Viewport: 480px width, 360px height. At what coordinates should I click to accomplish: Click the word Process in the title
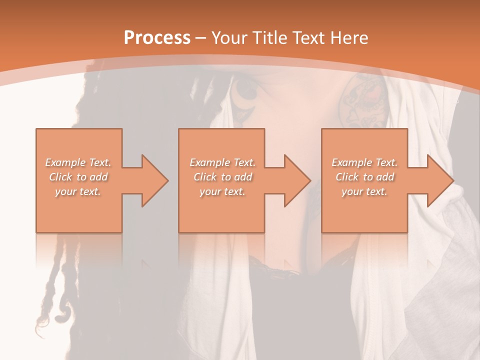pyautogui.click(x=157, y=38)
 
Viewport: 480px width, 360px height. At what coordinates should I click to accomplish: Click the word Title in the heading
pyautogui.click(x=269, y=38)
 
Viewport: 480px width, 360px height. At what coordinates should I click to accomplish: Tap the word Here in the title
pyautogui.click(x=349, y=38)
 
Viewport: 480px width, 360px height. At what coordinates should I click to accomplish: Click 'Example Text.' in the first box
pyautogui.click(x=78, y=162)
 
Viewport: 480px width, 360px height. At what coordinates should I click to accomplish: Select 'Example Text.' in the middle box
pyautogui.click(x=222, y=162)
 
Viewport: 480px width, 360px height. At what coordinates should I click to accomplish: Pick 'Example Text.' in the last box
pyautogui.click(x=364, y=162)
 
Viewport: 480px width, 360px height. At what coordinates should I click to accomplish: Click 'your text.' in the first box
pyautogui.click(x=78, y=191)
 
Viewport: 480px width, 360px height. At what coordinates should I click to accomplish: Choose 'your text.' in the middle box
pyautogui.click(x=222, y=191)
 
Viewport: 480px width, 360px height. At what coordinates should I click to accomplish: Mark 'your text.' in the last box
pyautogui.click(x=364, y=191)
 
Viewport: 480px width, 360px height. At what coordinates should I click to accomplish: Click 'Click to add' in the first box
pyautogui.click(x=78, y=177)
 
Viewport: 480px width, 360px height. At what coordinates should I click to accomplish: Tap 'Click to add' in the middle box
pyautogui.click(x=222, y=177)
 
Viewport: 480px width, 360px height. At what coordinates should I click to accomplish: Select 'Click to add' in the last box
pyautogui.click(x=364, y=177)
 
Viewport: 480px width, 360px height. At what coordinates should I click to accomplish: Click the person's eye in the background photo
pyautogui.click(x=245, y=90)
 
